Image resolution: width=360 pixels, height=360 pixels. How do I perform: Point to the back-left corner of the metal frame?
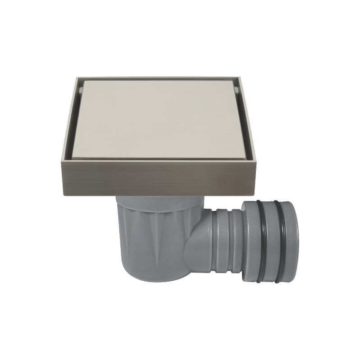[x=74, y=77]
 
